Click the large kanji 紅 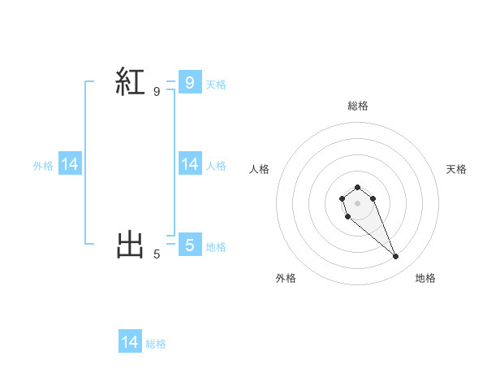[131, 81]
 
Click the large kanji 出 [131, 244]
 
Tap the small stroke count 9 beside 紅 [157, 92]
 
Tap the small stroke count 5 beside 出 [157, 254]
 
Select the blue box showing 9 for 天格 [189, 82]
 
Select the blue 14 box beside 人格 [189, 164]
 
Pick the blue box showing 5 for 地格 [189, 244]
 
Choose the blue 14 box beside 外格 [70, 164]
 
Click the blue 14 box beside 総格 [130, 342]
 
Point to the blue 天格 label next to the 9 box [216, 84]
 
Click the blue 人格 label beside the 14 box [216, 166]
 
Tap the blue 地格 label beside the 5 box [216, 246]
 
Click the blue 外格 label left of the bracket [43, 166]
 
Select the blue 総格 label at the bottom [156, 344]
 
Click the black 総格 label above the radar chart [358, 106]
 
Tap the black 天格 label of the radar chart [456, 169]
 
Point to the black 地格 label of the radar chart [425, 278]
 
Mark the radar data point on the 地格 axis [396, 257]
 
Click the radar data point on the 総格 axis [357, 187]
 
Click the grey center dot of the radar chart [357, 202]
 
